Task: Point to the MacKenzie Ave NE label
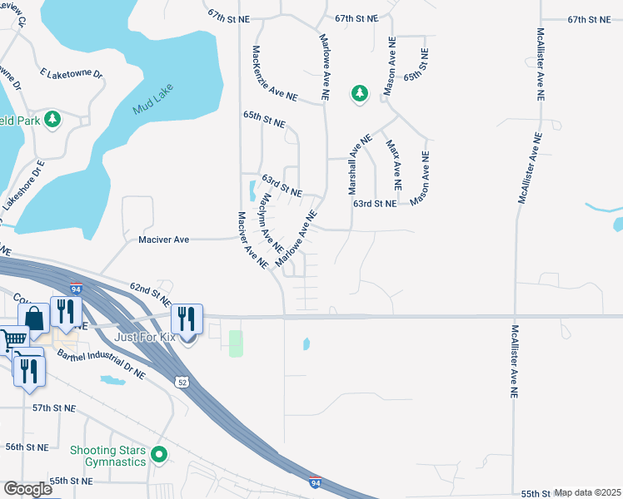[274, 73]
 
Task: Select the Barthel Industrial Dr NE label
[101, 364]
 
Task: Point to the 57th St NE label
[54, 409]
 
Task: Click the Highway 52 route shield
[182, 381]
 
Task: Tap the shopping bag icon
[33, 319]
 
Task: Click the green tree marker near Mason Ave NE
[360, 93]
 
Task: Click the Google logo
[27, 488]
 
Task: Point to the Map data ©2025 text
[587, 492]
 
